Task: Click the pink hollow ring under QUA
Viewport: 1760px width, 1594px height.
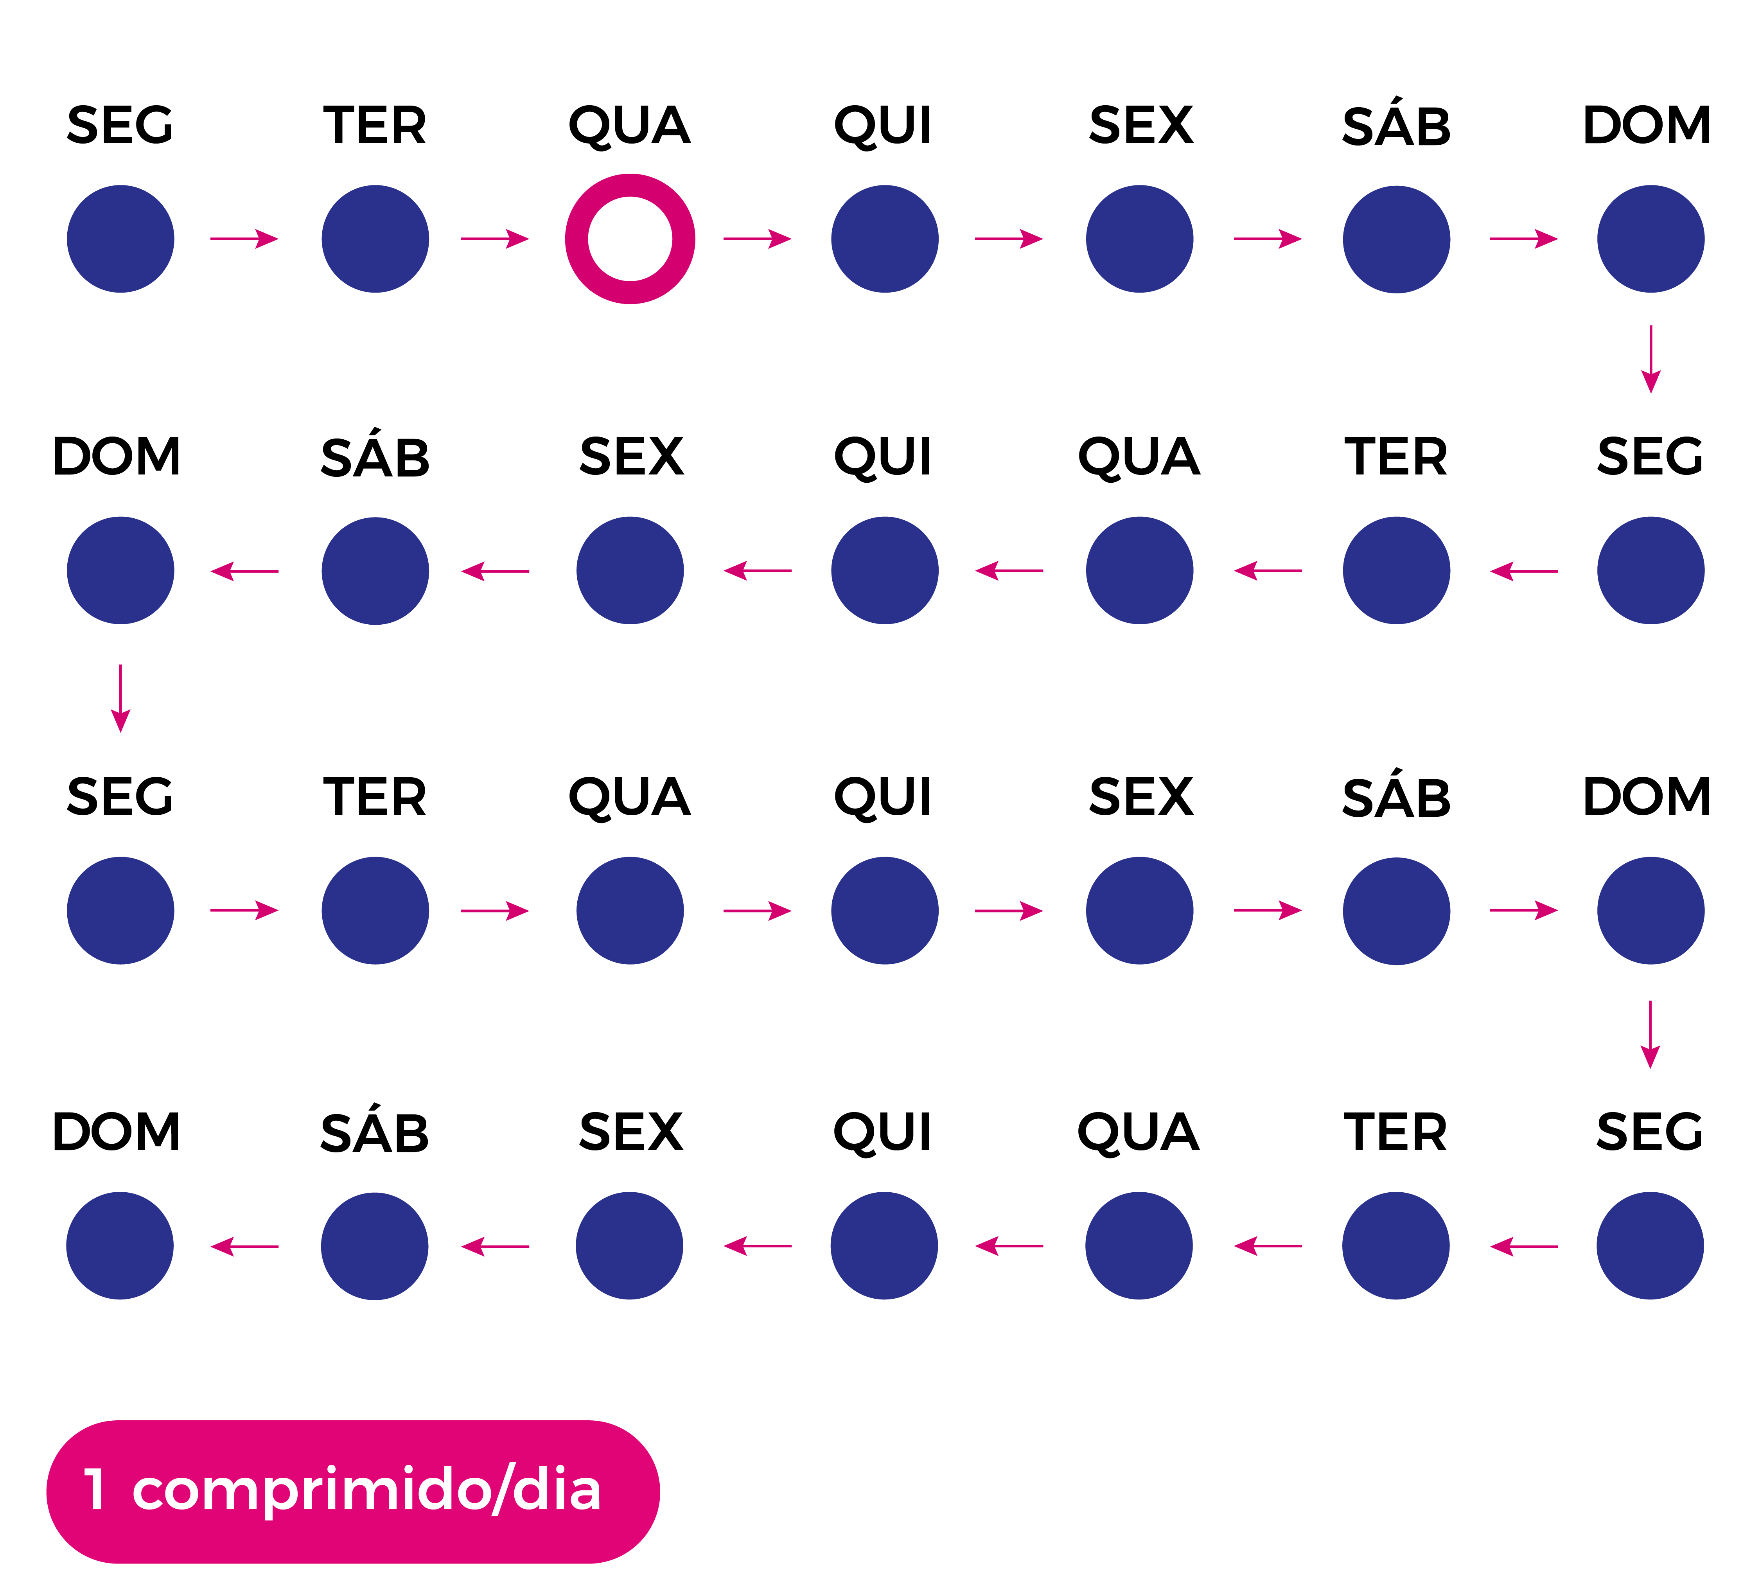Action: [629, 238]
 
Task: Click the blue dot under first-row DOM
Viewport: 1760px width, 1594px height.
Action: [1650, 238]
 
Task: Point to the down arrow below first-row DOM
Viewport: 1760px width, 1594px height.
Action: [1650, 359]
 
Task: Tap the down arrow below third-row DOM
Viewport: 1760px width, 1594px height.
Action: [1650, 1035]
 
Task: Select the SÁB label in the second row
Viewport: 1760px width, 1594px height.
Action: [375, 456]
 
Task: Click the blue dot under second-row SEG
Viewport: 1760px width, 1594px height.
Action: [1650, 570]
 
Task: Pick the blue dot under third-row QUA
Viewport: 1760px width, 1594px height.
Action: [629, 911]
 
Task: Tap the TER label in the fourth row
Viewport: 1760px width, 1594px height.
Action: [1395, 1132]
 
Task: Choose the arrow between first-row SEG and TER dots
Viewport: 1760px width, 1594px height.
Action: [244, 238]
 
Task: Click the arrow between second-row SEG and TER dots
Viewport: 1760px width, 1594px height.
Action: [1523, 571]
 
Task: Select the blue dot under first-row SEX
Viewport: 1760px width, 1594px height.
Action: [1139, 238]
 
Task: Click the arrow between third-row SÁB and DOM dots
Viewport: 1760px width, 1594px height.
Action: [1523, 911]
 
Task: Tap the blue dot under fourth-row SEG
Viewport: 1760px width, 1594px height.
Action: [1650, 1246]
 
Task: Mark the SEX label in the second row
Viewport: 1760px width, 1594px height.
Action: [631, 456]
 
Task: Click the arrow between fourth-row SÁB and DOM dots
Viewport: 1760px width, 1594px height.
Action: [244, 1247]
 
